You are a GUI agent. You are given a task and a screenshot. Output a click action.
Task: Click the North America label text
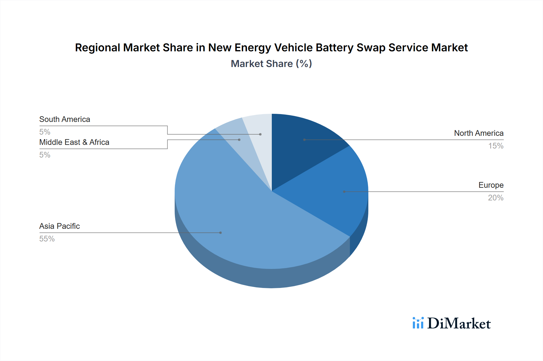[x=478, y=133]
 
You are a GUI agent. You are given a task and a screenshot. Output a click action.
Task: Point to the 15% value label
[x=496, y=146]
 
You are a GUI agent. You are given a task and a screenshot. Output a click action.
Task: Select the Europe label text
[x=491, y=185]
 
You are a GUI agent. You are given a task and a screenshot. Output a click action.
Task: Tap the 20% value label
[x=496, y=198]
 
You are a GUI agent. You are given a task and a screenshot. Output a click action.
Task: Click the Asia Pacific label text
[x=59, y=226]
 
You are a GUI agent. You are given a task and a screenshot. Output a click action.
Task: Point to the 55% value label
[x=47, y=239]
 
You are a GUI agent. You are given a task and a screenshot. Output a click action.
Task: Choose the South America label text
[x=65, y=119]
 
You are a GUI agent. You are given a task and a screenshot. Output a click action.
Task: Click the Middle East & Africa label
[x=74, y=142]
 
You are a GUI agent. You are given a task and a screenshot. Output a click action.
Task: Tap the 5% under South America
[x=45, y=132]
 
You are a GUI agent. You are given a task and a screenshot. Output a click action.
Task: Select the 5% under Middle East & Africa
[x=45, y=155]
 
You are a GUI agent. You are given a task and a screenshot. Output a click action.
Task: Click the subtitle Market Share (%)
[x=271, y=64]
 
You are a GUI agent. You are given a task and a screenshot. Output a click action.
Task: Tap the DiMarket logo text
[x=459, y=324]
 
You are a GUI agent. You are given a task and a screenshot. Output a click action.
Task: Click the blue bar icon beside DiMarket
[x=418, y=323]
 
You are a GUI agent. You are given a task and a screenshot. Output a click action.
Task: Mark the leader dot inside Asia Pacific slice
[x=221, y=233]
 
